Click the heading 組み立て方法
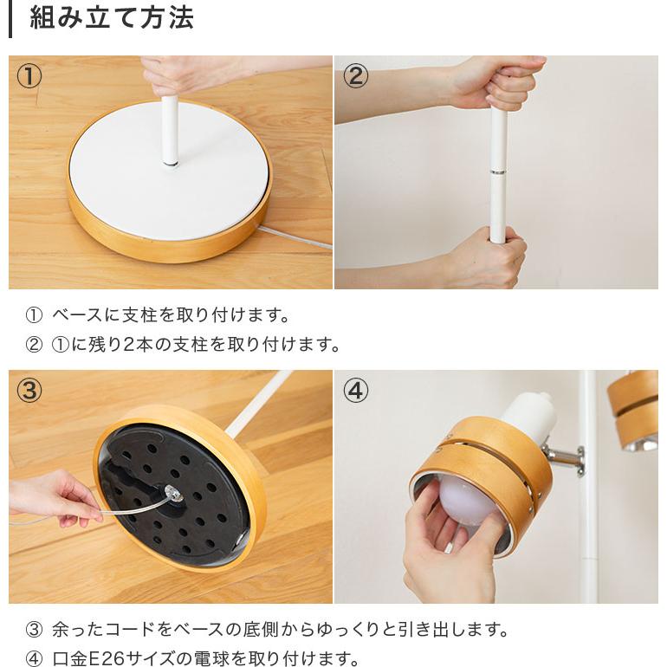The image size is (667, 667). [x=112, y=18]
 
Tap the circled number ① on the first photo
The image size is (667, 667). [x=29, y=76]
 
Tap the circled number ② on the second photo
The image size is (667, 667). [x=355, y=76]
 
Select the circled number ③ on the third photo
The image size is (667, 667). [x=29, y=391]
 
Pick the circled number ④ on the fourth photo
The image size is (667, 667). [x=355, y=391]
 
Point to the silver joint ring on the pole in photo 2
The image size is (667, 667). [x=498, y=172]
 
